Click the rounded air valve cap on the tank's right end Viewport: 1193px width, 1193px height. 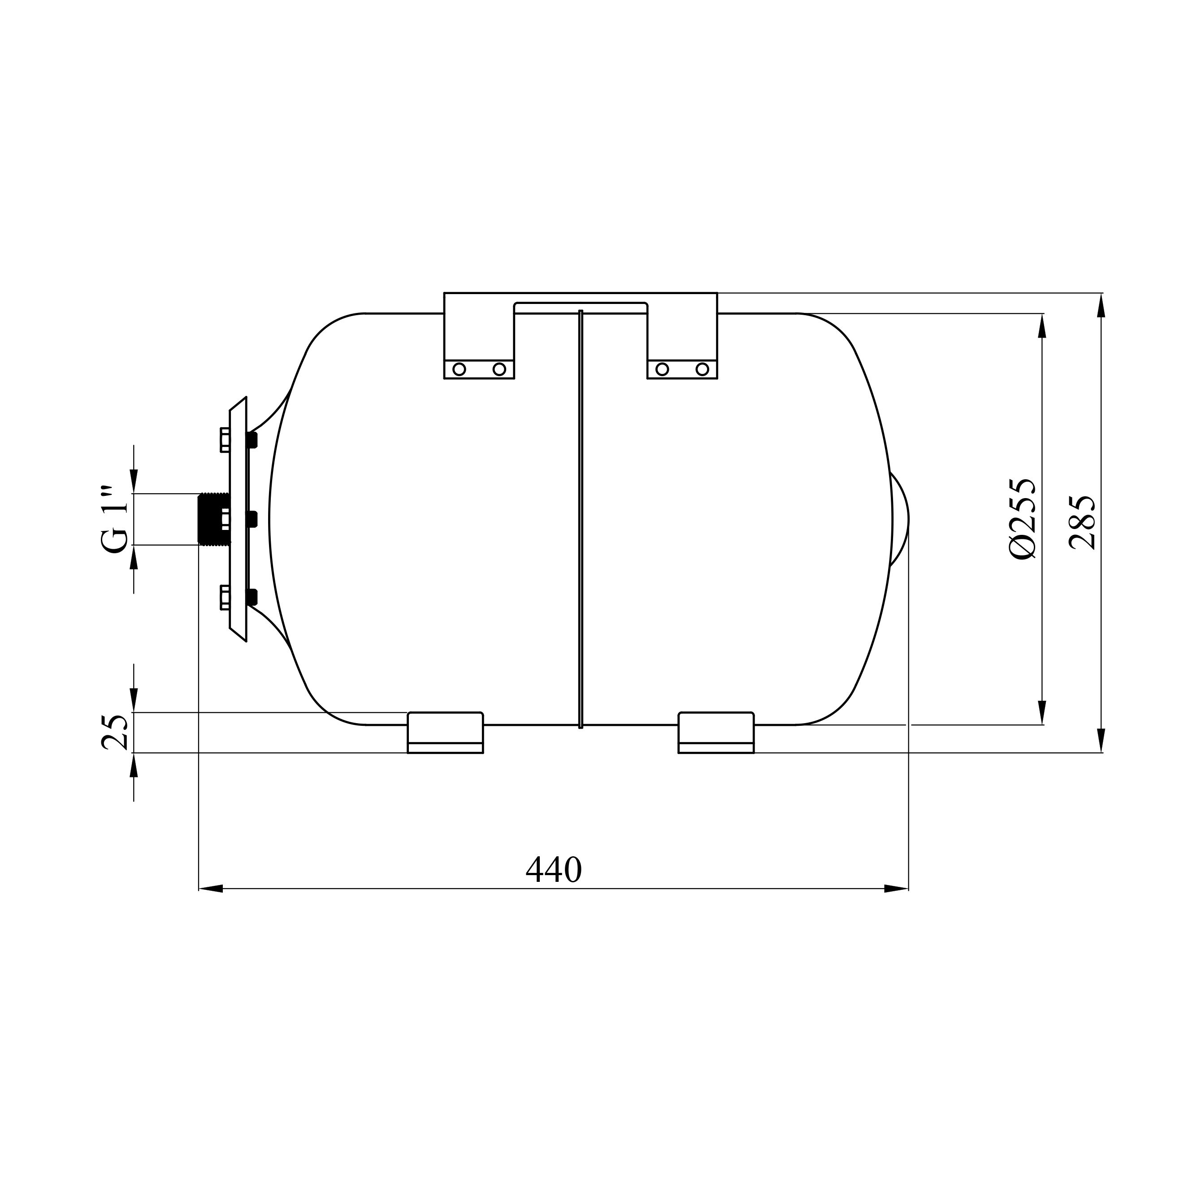900,519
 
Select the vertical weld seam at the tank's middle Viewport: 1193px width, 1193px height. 581,519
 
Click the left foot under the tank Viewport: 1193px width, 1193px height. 445,733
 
